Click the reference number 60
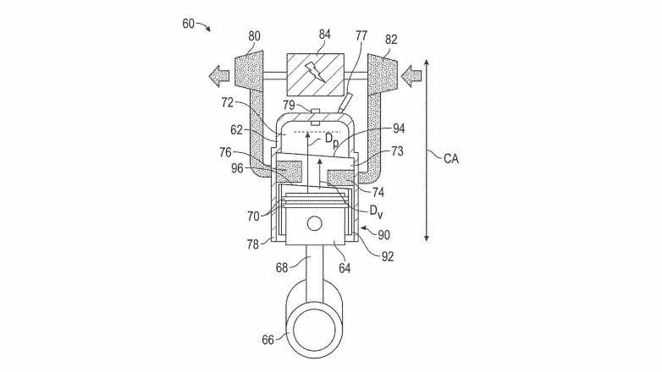[x=189, y=23]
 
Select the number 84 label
[x=323, y=34]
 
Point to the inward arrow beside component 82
[x=412, y=77]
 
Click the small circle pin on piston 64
[x=315, y=224]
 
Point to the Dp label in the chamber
[x=332, y=139]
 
